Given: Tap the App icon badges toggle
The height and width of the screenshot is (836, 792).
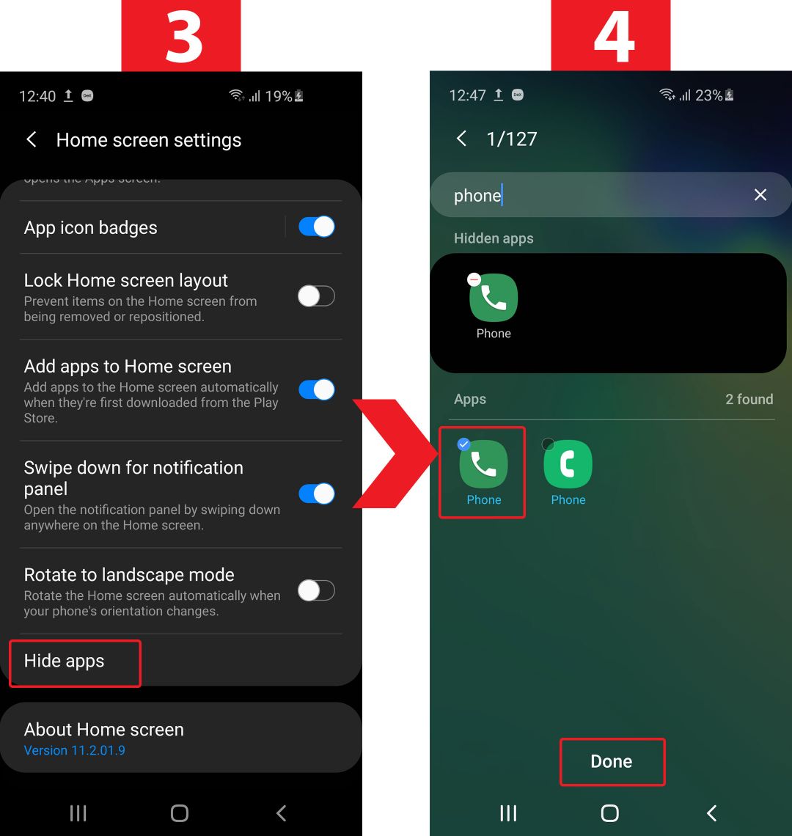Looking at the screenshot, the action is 316,227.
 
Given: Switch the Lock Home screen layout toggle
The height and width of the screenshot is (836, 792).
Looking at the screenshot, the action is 316,296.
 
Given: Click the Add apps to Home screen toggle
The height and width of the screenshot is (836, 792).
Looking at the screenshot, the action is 316,389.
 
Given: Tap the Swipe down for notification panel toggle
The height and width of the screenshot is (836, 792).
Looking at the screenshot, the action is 316,494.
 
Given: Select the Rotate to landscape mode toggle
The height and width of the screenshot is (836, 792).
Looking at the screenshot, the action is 316,591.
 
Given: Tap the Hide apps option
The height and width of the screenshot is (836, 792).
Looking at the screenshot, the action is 64,661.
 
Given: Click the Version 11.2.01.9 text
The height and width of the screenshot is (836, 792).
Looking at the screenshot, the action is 75,751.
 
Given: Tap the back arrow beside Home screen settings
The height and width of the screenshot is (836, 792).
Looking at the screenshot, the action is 32,139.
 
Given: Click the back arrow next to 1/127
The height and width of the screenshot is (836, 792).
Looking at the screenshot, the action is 461,139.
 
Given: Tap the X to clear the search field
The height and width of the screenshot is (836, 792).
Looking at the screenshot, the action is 760,194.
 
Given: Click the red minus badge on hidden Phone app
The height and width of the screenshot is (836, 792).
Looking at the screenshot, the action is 474,279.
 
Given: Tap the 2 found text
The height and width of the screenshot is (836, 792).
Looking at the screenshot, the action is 749,400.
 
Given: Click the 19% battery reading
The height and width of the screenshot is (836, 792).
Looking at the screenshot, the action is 279,97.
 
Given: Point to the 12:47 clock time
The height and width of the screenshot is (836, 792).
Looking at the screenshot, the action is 467,95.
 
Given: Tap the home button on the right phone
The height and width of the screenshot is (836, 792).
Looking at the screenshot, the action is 609,813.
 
